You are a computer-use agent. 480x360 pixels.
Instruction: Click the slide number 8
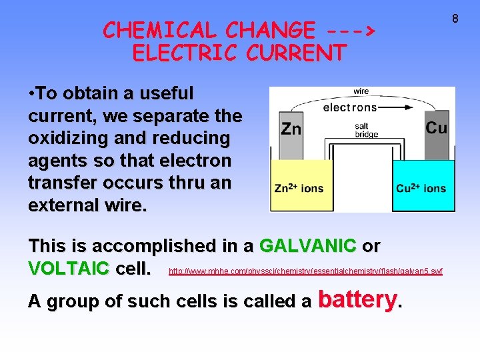pyautogui.click(x=456, y=18)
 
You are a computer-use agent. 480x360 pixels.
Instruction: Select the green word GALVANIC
pyautogui.click(x=307, y=246)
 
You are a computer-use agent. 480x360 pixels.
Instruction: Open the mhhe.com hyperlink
pyautogui.click(x=306, y=271)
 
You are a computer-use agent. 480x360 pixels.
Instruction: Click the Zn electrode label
pyautogui.click(x=291, y=129)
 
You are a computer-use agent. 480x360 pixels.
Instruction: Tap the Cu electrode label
pyautogui.click(x=436, y=127)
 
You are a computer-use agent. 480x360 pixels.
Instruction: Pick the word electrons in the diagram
pyautogui.click(x=349, y=107)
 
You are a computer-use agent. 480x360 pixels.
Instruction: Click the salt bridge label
pyautogui.click(x=366, y=130)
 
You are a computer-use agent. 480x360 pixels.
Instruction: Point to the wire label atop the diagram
pyautogui.click(x=361, y=91)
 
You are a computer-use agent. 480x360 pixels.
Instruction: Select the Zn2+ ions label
pyautogui.click(x=299, y=188)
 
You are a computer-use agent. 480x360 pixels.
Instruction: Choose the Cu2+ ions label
pyautogui.click(x=421, y=188)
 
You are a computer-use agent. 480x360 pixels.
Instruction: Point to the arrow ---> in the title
pyautogui.click(x=351, y=30)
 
